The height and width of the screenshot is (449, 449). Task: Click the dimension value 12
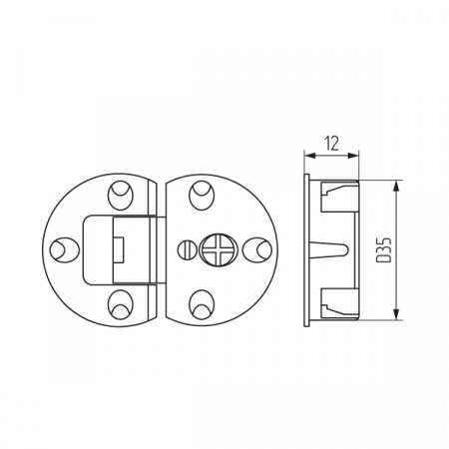(332, 144)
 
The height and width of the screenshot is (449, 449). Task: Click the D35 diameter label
(383, 249)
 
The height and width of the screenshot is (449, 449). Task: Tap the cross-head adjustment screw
(216, 249)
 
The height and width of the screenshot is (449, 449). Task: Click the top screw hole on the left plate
(121, 196)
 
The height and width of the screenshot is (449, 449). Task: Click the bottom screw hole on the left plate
(121, 304)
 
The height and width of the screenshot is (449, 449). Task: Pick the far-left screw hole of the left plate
(65, 250)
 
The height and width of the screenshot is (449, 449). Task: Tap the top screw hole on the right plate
(202, 196)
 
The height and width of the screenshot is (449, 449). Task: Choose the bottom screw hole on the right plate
(202, 304)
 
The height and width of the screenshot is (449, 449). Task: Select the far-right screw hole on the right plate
(257, 249)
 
